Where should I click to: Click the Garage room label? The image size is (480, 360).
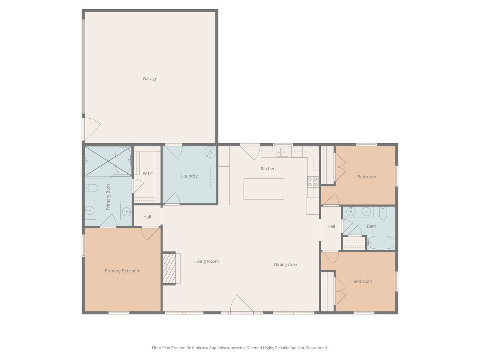[x=150, y=79]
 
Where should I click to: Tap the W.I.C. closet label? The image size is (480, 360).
[x=148, y=174]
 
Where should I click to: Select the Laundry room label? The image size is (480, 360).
[x=189, y=176]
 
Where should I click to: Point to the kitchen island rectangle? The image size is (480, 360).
[x=264, y=189]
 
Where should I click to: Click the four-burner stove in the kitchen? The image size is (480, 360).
[x=312, y=182]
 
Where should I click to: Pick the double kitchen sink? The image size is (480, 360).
[x=282, y=152]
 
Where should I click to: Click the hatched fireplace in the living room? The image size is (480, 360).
[x=169, y=268]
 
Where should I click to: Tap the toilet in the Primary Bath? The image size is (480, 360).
[x=92, y=188]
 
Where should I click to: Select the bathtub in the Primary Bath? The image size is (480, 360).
[x=122, y=160]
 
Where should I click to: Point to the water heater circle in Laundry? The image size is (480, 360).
[x=210, y=152]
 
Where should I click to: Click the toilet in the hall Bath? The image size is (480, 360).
[x=383, y=213]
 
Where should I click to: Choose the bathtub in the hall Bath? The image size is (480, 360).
[x=381, y=242]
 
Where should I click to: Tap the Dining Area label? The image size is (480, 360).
[x=285, y=265]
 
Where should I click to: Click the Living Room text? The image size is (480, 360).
[x=206, y=262]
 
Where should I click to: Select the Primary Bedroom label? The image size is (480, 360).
[x=122, y=271]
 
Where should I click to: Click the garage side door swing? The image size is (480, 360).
[x=92, y=129]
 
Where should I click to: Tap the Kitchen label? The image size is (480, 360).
[x=268, y=169]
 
